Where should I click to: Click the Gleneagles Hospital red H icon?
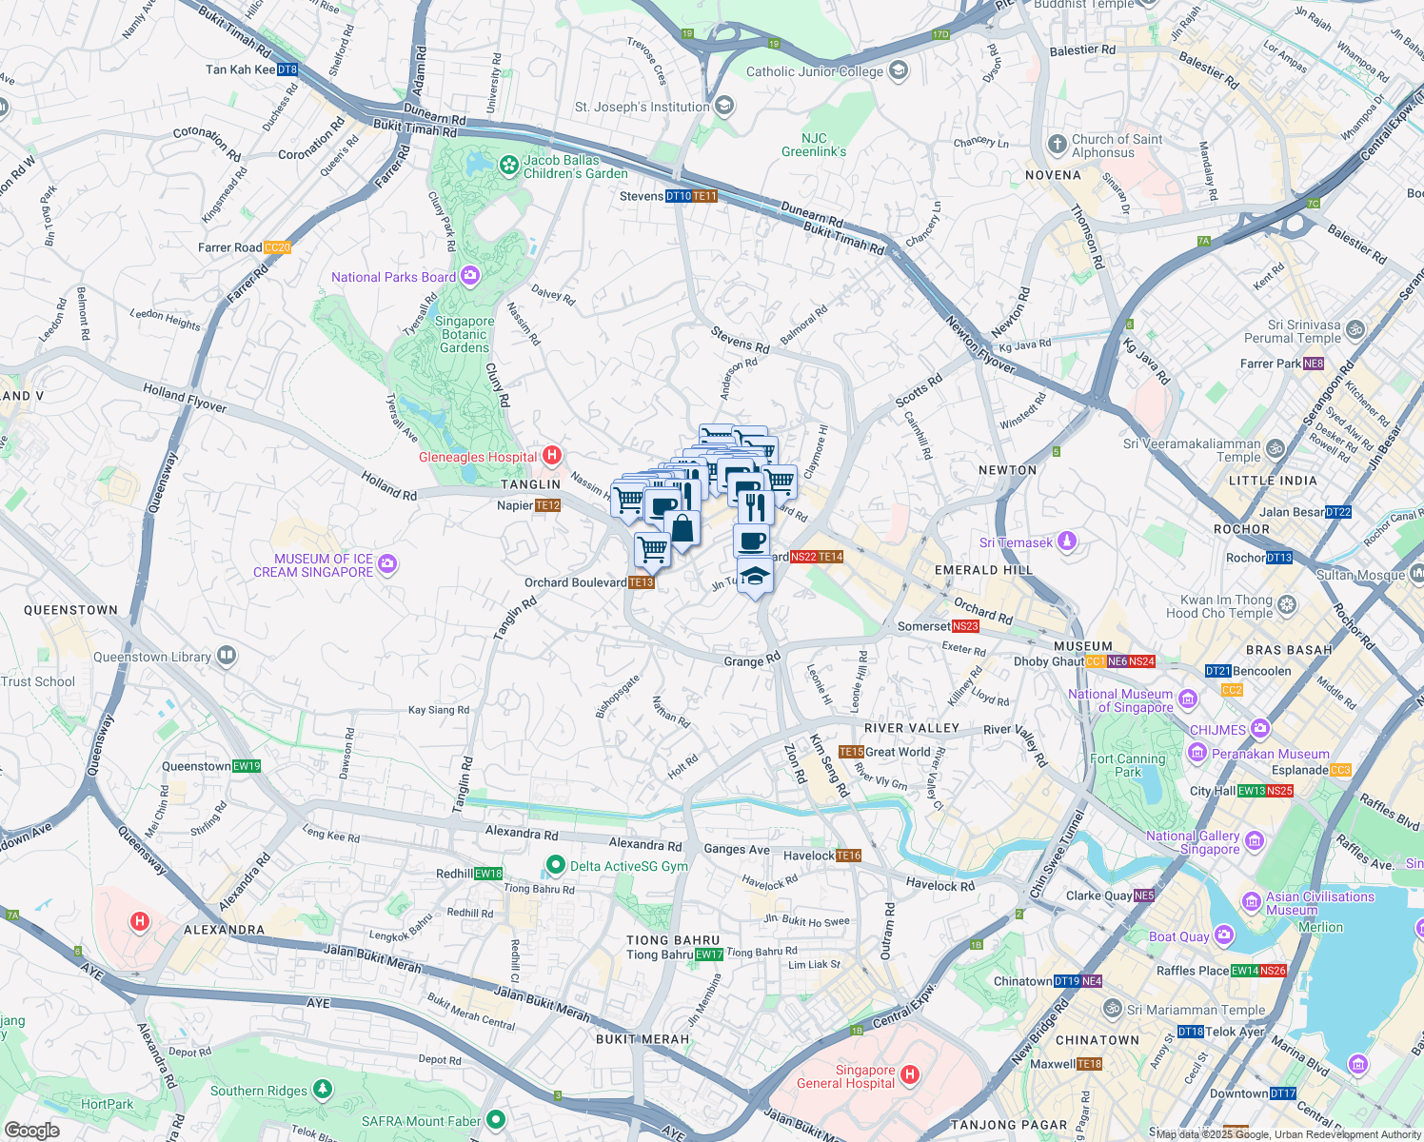coord(551,456)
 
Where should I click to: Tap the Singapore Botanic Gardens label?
coord(465,335)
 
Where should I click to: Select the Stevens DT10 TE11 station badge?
coord(691,196)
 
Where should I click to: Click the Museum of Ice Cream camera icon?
coord(386,564)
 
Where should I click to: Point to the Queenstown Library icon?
coord(226,656)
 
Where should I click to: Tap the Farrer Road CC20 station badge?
coord(277,247)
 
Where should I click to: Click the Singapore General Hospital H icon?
coord(910,1075)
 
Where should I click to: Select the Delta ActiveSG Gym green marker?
coord(555,865)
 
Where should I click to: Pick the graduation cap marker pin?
coord(755,576)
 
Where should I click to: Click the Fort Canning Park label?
coord(1128,765)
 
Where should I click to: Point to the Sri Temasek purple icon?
coord(1067,541)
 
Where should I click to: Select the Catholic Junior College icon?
coord(899,71)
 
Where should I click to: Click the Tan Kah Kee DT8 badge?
coord(287,69)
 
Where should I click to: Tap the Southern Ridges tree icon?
coord(323,1089)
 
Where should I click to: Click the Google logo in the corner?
coord(32,1131)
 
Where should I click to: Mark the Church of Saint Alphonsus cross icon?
coord(1057,145)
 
